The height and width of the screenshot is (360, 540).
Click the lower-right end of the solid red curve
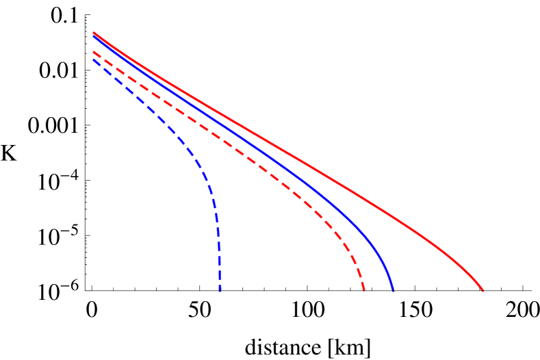483,291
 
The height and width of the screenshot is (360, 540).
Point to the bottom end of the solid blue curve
393,291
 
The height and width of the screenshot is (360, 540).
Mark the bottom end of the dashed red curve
364,290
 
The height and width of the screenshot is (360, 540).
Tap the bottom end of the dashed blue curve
220,291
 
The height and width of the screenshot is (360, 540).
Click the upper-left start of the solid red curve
94,33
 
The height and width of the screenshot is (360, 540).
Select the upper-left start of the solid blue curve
94,37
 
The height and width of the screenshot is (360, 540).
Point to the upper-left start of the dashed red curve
94,51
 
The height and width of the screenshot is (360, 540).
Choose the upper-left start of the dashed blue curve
94,59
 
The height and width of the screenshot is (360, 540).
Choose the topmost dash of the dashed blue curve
97,62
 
